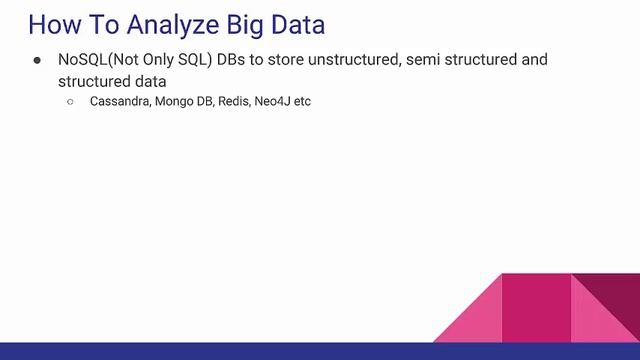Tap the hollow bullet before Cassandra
coord(71,102)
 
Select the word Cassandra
coord(119,101)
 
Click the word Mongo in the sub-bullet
coord(176,101)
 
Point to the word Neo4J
coord(276,101)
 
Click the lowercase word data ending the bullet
coord(148,80)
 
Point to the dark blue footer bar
coord(320,351)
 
